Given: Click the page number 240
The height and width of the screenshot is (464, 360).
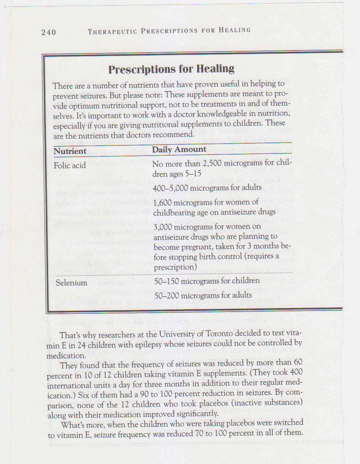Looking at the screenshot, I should click(48, 32).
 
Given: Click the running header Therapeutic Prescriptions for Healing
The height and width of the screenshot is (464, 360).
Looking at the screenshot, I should click(169, 31).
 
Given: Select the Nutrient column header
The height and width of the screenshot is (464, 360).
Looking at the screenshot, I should click(70, 151).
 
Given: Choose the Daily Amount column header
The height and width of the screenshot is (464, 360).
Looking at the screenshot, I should click(179, 149).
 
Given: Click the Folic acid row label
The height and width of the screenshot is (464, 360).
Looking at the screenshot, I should click(70, 165).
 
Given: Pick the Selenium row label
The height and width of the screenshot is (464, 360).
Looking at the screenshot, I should click(71, 283).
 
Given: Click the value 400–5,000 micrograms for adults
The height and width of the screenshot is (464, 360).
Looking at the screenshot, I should click(207, 188).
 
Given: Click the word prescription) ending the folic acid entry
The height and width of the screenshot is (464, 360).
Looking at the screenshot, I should click(175, 267).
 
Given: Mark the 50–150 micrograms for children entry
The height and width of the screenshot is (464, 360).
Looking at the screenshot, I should click(207, 281).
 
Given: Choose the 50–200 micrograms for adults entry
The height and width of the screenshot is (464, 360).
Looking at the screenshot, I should click(203, 295).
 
